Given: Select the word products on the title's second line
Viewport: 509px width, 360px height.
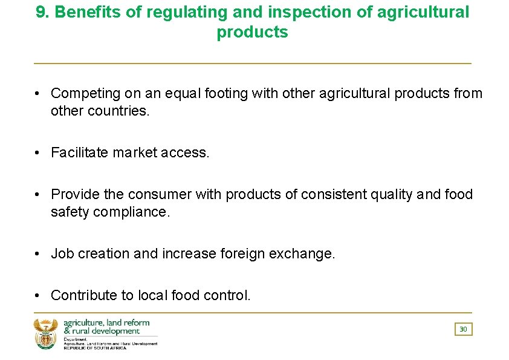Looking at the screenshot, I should [x=252, y=32].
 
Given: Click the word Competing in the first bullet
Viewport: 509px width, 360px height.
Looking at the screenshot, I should [x=85, y=94].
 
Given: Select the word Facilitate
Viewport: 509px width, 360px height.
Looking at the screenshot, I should [x=80, y=153].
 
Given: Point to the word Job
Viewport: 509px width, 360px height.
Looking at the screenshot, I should [x=62, y=254].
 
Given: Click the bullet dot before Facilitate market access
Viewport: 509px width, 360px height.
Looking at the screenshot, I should [x=37, y=153].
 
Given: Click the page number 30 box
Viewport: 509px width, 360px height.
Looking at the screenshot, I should [x=463, y=329].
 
